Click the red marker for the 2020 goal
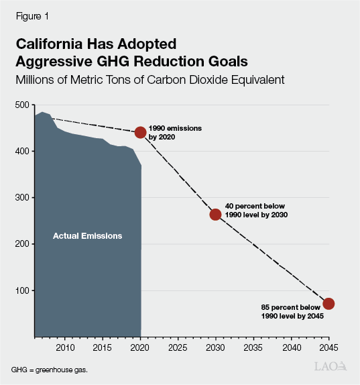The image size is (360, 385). tap(140, 132)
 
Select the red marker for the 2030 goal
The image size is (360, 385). tap(215, 214)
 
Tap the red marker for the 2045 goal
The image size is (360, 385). tap(328, 304)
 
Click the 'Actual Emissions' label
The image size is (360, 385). tap(88, 236)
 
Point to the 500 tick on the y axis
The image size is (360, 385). tap(23, 105)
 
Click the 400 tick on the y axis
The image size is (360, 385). tap(23, 152)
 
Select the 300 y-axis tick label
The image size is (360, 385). tap(23, 198)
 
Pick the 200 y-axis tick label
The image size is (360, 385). tap(23, 244)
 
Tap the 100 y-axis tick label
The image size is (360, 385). tap(23, 290)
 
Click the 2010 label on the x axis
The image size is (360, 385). tap(65, 347)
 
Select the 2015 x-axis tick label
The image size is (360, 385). tap(103, 347)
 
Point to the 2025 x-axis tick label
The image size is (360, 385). tap(178, 347)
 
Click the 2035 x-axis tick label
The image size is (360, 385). tap(253, 347)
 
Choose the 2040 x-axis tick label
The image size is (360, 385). tap(291, 347)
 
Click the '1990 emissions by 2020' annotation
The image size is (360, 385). tap(174, 131)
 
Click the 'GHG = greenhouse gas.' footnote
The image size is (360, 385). tap(49, 370)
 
